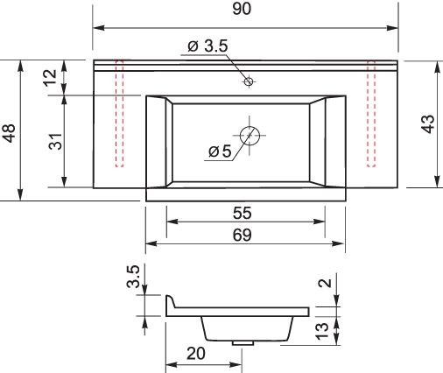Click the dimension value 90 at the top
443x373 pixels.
(x=242, y=9)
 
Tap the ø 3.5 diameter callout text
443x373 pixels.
(x=207, y=46)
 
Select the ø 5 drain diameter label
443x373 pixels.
(x=220, y=151)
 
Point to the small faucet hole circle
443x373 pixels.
(x=249, y=81)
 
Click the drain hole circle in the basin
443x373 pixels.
(x=250, y=136)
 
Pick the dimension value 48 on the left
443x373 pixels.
(x=9, y=133)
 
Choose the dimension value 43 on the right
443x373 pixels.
(x=429, y=124)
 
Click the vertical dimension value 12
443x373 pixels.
(x=50, y=78)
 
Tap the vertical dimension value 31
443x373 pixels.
(x=55, y=141)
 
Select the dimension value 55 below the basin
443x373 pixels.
(x=243, y=213)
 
